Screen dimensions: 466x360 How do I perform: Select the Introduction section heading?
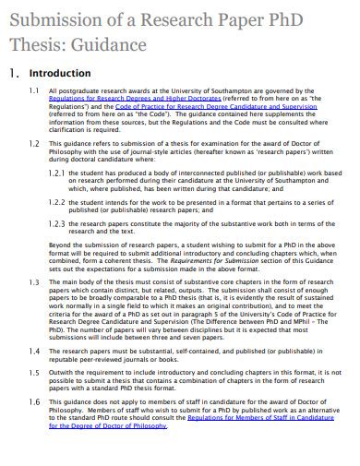click(60, 73)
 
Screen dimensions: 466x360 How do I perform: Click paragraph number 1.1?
click(33, 92)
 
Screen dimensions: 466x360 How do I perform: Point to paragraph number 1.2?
click(33, 144)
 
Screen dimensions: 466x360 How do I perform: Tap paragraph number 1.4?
click(33, 351)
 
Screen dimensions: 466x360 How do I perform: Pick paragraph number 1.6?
click(33, 402)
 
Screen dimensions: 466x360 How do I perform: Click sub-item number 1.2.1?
click(55, 172)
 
